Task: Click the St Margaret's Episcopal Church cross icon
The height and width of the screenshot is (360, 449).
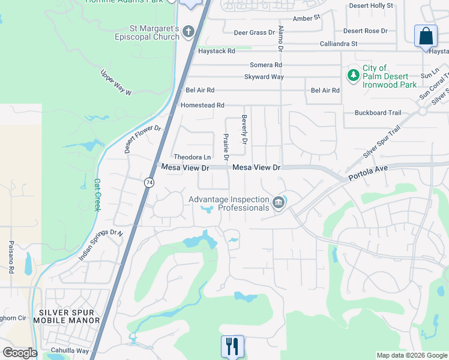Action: point(188,31)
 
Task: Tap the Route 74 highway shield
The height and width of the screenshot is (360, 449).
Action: point(148,182)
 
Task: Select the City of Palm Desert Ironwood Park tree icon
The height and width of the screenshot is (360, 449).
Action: point(354,76)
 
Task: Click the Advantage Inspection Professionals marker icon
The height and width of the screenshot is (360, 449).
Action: point(279,203)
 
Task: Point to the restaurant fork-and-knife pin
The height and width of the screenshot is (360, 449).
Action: point(232,346)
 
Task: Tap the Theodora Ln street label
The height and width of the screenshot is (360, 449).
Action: point(193,157)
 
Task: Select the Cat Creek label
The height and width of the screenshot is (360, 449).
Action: point(97,194)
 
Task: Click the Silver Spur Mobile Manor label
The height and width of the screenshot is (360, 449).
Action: point(70,316)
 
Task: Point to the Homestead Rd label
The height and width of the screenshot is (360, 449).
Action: point(202,105)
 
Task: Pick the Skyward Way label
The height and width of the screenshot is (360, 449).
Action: point(264,77)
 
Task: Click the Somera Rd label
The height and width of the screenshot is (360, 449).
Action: point(265,65)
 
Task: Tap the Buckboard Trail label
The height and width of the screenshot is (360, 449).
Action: point(378,112)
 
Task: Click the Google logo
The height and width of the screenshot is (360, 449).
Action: point(20,353)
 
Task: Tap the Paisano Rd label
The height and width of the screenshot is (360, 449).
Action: point(11,257)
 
